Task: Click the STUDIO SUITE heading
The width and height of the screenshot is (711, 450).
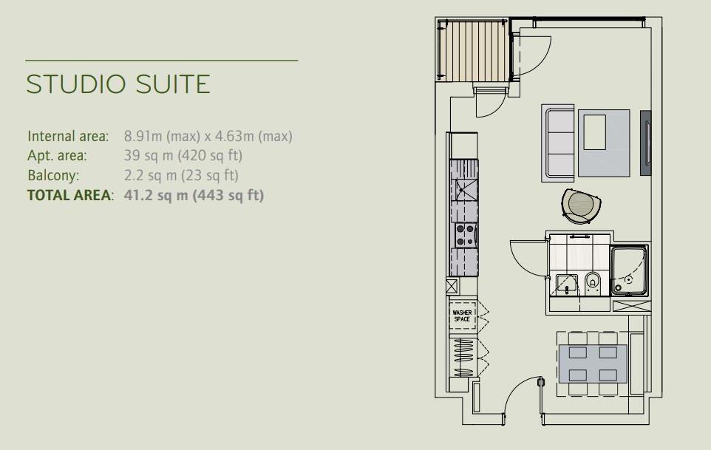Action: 118,84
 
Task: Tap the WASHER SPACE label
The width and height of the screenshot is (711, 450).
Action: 462,316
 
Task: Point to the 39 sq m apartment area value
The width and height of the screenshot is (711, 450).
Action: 149,155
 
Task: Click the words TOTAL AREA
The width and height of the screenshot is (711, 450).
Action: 69,195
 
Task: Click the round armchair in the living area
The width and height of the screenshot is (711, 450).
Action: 581,206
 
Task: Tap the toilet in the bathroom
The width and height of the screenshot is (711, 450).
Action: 593,283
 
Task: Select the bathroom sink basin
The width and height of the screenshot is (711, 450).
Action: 567,284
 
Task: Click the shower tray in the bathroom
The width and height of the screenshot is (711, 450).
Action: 629,270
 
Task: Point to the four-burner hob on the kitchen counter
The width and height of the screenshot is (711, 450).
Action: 466,235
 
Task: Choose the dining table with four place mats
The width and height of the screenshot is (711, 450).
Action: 593,364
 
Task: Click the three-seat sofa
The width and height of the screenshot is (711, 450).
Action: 559,143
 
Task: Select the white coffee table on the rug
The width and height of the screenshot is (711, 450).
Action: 594,132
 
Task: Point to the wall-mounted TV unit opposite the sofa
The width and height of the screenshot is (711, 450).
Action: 646,143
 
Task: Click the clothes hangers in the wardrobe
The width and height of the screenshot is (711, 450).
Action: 463,358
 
